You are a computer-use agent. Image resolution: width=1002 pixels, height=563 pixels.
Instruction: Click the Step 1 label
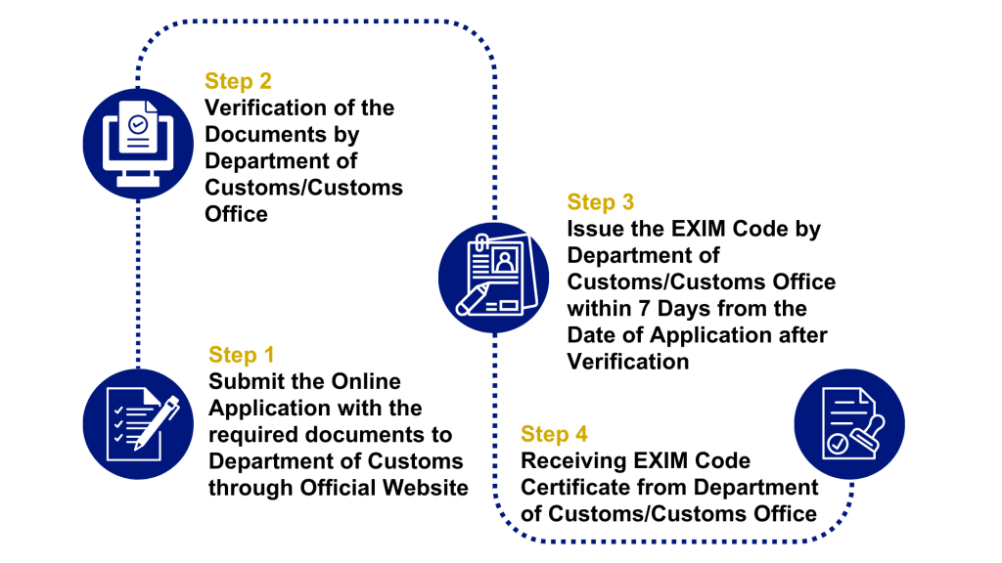point(241,355)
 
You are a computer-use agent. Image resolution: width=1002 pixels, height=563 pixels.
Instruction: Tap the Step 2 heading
point(238,81)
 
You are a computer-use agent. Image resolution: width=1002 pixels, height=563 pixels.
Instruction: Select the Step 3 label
point(600,202)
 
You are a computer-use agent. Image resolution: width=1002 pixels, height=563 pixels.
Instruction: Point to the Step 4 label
point(554,434)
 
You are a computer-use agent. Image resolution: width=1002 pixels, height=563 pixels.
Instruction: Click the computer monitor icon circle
point(138,144)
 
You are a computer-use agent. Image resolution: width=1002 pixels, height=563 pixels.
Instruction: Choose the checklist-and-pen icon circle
point(138,424)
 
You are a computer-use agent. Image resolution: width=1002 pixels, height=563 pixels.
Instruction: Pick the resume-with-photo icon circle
point(493,278)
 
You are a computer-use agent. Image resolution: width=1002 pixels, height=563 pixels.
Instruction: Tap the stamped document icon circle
point(849,424)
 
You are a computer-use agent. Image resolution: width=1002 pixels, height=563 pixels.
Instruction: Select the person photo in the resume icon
point(505,260)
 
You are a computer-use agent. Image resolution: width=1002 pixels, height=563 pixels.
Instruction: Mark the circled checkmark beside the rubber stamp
point(838,445)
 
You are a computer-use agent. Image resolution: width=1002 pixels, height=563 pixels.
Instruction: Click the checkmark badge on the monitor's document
point(138,124)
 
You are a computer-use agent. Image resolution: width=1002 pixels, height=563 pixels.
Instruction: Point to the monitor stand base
point(138,183)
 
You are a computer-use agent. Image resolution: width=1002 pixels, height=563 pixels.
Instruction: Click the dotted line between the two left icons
point(138,283)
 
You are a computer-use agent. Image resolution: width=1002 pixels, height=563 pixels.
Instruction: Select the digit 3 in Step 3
point(627,202)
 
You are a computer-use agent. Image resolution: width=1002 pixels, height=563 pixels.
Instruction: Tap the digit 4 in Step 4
point(581,434)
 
